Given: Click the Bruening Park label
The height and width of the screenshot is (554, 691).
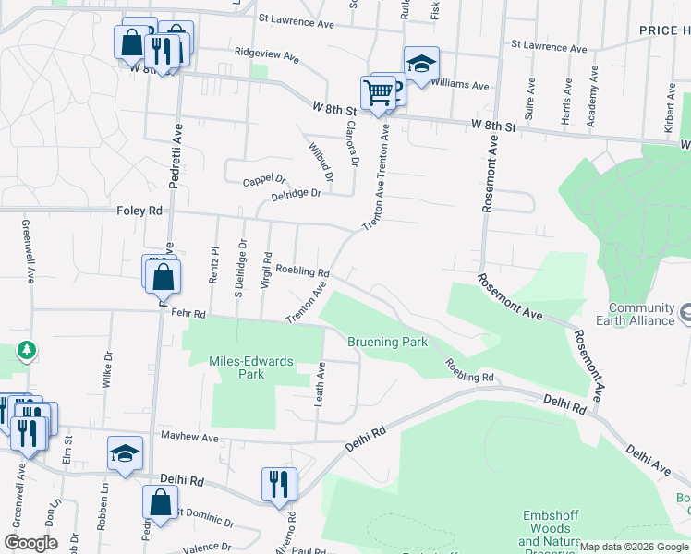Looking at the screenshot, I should (x=387, y=342).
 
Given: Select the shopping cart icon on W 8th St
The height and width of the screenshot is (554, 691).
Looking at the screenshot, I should (x=378, y=93).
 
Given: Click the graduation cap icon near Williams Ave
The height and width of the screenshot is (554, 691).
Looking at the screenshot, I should (x=420, y=64).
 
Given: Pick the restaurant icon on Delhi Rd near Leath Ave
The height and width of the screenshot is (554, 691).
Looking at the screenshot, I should (x=278, y=484).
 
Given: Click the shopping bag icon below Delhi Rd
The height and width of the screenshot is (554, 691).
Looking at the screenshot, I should (x=160, y=503).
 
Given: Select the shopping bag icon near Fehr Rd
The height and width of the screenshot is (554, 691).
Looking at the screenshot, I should (x=163, y=275).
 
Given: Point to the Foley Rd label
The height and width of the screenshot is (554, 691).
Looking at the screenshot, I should (x=139, y=211).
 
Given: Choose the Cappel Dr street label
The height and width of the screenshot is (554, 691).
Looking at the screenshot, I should (x=265, y=179).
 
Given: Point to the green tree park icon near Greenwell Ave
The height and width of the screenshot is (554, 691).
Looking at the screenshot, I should (x=28, y=350).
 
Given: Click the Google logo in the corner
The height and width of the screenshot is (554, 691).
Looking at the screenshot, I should (x=30, y=543).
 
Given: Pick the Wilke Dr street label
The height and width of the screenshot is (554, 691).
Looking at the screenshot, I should (x=108, y=367).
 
